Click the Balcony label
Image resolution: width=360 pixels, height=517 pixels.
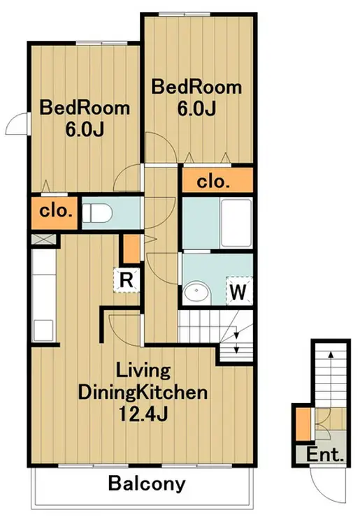[147, 484]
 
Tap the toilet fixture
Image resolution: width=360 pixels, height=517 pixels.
[97, 212]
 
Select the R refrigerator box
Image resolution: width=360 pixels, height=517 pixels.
[127, 280]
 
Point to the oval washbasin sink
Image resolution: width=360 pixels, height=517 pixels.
[196, 291]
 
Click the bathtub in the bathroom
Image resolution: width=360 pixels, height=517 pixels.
[236, 223]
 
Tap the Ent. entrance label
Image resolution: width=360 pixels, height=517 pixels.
[325, 456]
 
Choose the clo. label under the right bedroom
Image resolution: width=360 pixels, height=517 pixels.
[213, 182]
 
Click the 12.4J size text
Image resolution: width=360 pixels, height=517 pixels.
[143, 414]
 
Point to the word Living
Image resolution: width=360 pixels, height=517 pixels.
[143, 371]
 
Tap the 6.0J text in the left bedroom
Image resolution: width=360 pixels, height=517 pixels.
[85, 130]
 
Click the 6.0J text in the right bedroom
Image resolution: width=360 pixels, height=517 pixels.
[196, 109]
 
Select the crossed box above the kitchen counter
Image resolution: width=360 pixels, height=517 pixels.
[43, 239]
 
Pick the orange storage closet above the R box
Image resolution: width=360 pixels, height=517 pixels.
[132, 249]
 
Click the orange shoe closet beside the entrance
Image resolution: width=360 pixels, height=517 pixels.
[303, 424]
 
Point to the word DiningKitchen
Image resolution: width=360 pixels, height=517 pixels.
[143, 393]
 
